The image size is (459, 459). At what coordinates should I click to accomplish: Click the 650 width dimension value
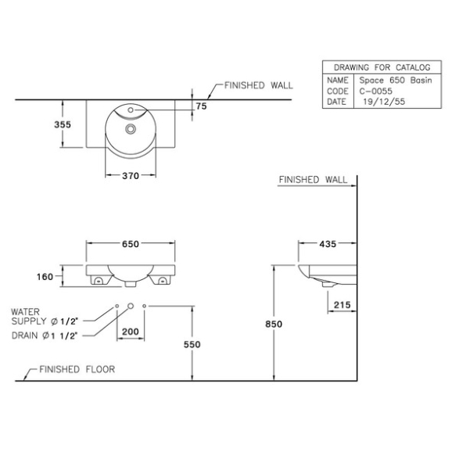point(131,243)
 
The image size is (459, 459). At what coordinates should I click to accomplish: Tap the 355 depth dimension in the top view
point(63,124)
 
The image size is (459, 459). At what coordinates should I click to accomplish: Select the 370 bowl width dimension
point(131,176)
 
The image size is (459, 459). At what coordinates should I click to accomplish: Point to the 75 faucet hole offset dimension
point(202,106)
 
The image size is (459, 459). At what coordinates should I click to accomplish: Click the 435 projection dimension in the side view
point(328,243)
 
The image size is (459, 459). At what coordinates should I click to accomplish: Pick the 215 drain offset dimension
point(342,305)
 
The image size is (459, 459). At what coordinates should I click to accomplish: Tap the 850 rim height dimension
point(274,324)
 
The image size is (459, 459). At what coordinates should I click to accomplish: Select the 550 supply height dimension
point(192,344)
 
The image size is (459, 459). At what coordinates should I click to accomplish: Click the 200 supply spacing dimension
point(131,332)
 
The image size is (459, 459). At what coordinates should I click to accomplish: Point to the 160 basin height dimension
point(45,277)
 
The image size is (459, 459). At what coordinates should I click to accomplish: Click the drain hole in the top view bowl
point(131,128)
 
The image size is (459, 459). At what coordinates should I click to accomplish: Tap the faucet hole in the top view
point(131,110)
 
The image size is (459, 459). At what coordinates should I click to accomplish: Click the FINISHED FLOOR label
point(77,369)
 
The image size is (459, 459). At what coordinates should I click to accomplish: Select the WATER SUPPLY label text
point(28,317)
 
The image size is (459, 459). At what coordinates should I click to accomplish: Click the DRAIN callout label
point(24,335)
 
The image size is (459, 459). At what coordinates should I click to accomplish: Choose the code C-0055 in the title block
point(375,91)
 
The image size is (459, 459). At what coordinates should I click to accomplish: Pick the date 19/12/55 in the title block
point(384,102)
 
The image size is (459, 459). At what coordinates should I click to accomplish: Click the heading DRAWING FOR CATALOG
point(382,67)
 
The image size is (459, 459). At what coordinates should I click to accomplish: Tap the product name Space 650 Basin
point(396,80)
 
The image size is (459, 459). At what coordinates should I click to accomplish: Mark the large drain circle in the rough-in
point(131,306)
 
